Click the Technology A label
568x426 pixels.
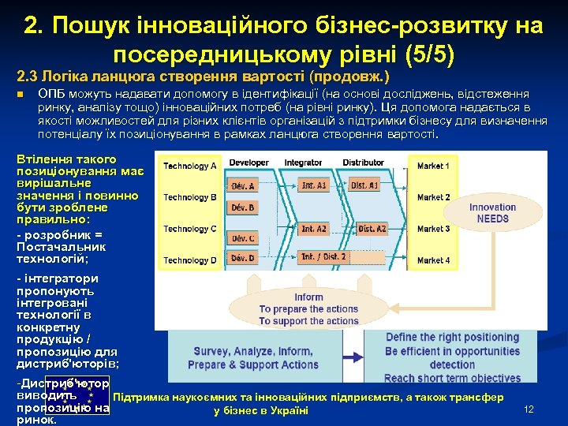click(190, 166)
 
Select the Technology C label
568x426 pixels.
click(190, 229)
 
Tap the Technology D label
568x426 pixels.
click(190, 260)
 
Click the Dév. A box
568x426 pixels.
click(244, 185)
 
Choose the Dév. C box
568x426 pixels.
click(244, 238)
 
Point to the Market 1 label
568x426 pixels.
click(433, 166)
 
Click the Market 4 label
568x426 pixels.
click(433, 260)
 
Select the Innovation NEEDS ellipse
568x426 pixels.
click(492, 213)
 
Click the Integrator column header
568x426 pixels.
click(303, 163)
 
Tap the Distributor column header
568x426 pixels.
click(363, 163)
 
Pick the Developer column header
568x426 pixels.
click(248, 163)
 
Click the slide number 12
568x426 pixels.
click(529, 409)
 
